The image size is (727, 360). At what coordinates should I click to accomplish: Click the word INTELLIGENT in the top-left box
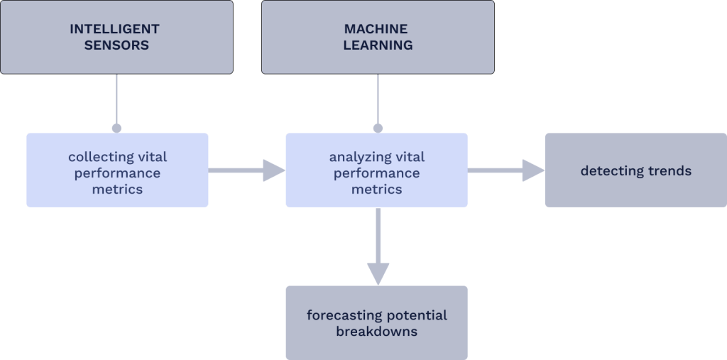[x=114, y=29]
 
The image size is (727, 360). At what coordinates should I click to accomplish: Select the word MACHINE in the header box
[x=376, y=29]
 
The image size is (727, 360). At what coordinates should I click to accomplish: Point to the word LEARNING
[x=378, y=45]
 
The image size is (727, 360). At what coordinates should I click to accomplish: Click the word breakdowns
[x=376, y=332]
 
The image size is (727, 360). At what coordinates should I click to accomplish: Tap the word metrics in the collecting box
[x=117, y=189]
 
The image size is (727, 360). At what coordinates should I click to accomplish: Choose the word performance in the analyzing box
[x=376, y=173]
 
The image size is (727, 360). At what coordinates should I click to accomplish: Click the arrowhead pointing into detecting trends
[x=533, y=170]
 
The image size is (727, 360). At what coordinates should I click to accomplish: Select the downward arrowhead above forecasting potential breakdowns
[x=378, y=273]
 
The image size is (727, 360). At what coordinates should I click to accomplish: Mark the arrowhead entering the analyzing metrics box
[x=273, y=170]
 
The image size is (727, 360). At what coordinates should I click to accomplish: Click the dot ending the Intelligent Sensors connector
[x=116, y=129]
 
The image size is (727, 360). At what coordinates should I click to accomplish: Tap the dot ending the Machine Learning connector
[x=378, y=129]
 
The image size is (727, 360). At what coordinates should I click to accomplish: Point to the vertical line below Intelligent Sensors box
[x=116, y=99]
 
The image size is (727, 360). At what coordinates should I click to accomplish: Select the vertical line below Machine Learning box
[x=378, y=99]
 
